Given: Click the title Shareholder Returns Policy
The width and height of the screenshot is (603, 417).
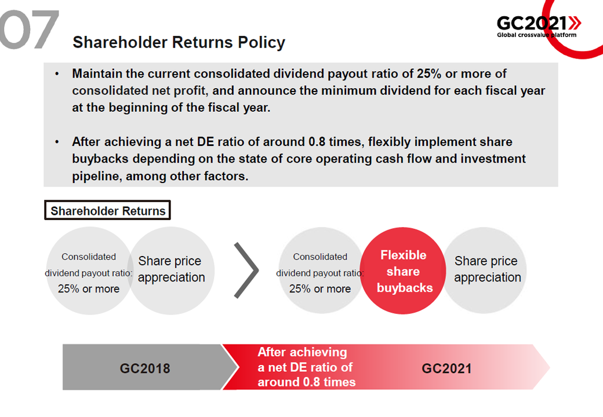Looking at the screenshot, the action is tap(179, 42).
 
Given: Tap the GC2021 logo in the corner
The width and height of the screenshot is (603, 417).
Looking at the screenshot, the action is tap(539, 26).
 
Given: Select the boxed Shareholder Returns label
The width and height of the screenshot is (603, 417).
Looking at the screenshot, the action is tap(107, 210).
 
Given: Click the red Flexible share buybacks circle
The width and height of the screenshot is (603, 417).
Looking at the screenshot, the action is tap(403, 270).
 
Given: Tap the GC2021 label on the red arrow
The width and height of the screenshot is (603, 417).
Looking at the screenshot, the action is tap(446, 368).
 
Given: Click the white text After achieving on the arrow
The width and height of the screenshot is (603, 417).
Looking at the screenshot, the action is tap(302, 352).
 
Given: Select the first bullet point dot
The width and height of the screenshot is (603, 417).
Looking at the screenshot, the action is tap(57, 74).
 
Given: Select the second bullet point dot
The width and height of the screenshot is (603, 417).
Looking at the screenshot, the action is tap(57, 142).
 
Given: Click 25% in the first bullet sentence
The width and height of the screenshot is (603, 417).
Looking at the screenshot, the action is tap(429, 74).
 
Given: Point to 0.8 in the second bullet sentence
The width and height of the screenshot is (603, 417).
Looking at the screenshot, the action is tap(317, 142).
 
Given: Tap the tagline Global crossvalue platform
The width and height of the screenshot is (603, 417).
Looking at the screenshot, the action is tap(536, 35).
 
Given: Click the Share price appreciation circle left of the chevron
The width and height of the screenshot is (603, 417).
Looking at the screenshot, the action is tap(171, 270).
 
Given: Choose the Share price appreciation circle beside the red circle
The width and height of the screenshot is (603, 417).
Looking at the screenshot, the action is tap(485, 270).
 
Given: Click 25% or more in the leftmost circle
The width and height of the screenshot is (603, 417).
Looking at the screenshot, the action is tap(89, 289).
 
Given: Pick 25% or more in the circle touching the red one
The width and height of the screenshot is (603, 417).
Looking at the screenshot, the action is tap(320, 289).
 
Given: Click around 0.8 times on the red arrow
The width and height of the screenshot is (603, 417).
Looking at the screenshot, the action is tap(307, 382).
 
